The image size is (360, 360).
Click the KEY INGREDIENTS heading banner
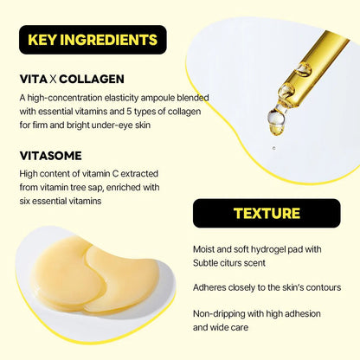click(93, 39)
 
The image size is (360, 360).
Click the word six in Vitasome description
click(26, 200)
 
